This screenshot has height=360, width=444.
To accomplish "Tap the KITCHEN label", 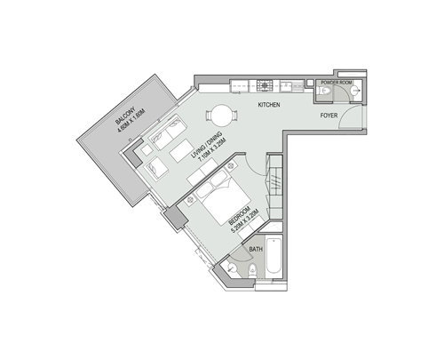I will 270,106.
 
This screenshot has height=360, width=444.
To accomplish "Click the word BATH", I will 256,250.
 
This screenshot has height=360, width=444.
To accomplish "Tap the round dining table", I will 219,116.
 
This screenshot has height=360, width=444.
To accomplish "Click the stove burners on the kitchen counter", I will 266,85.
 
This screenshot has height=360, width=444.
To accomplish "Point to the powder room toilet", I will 324,92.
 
